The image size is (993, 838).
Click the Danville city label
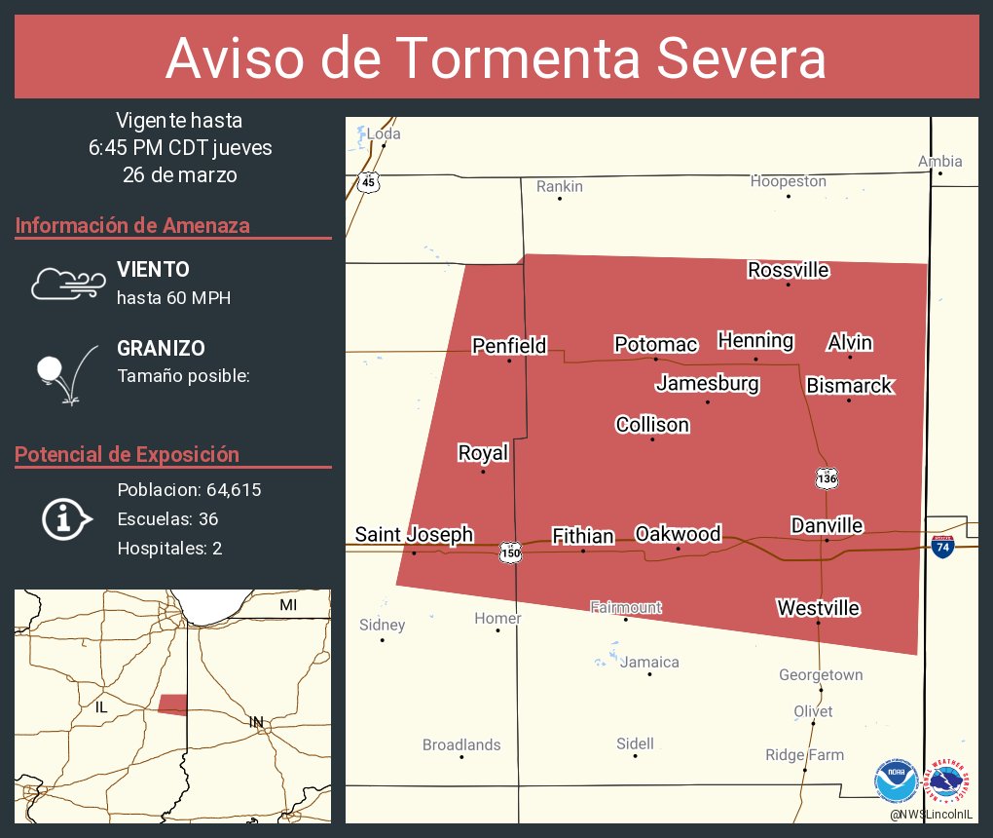[x=827, y=526]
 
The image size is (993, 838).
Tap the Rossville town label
[x=789, y=270]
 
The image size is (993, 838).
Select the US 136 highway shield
[x=827, y=477]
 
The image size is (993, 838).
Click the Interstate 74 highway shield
[x=941, y=546]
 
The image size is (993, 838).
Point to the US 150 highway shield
[x=510, y=552]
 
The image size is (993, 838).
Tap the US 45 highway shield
[x=367, y=181]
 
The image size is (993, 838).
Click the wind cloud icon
[x=66, y=283]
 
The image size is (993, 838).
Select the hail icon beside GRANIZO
[x=64, y=373]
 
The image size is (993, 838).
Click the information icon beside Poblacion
[x=65, y=518]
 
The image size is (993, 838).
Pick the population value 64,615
[x=233, y=489]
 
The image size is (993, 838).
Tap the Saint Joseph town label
[x=414, y=534]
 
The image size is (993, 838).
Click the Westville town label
[x=818, y=608]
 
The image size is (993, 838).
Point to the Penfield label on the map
[x=509, y=346]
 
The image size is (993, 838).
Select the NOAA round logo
[x=896, y=781]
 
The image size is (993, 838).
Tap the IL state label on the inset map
[x=101, y=707]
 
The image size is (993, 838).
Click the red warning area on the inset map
[x=172, y=705]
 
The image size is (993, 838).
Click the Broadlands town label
[x=461, y=744]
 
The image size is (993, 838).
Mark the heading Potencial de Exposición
[x=127, y=454]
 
